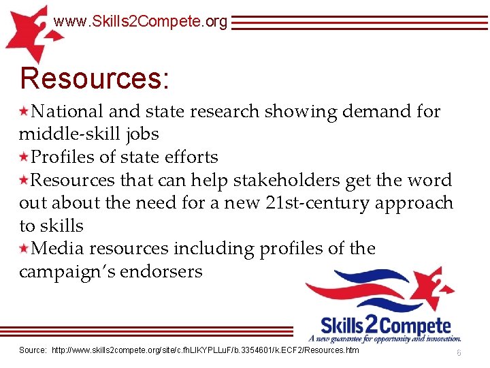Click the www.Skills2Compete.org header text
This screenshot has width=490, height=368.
(x=140, y=22)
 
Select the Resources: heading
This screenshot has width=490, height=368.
(x=95, y=78)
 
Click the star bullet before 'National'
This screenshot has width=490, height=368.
(x=24, y=111)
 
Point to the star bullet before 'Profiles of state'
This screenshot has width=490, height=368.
(x=24, y=157)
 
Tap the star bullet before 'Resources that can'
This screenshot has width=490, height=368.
(x=24, y=180)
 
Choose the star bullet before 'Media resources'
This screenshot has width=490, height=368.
(x=24, y=248)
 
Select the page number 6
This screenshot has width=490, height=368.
(x=459, y=352)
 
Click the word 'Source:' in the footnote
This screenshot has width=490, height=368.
(x=33, y=350)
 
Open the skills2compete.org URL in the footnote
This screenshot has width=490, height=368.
(x=206, y=350)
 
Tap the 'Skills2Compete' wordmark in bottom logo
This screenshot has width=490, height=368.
(x=385, y=325)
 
